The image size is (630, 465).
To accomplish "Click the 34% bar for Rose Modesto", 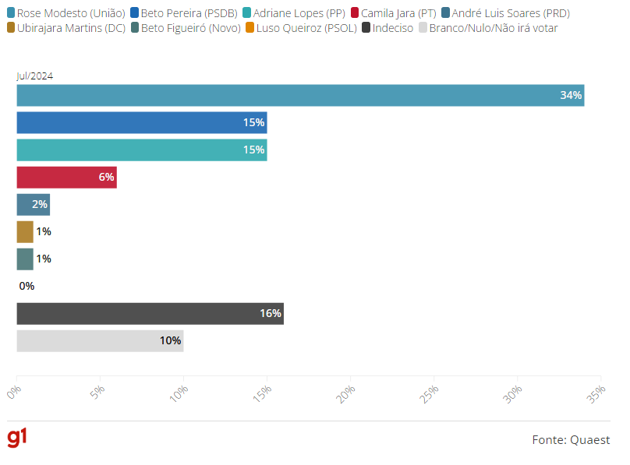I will [300, 95].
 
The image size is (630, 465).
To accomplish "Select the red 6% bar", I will [66, 177].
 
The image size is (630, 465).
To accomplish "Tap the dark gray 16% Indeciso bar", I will [150, 313].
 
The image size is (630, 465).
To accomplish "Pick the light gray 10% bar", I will [100, 340].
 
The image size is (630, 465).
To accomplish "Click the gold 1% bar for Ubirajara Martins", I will [25, 231].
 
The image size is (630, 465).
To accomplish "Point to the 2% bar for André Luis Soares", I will [33, 204].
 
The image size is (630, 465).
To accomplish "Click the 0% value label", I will [27, 286].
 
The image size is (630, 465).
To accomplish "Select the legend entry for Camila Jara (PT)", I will [393, 13].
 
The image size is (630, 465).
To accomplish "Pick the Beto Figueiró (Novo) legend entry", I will [184, 28].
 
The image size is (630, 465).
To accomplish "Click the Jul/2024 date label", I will [34, 76].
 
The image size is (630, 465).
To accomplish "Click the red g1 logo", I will [17, 438].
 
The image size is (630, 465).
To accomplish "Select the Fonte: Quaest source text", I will [571, 440].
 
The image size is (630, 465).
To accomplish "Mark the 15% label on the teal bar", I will [253, 150].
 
